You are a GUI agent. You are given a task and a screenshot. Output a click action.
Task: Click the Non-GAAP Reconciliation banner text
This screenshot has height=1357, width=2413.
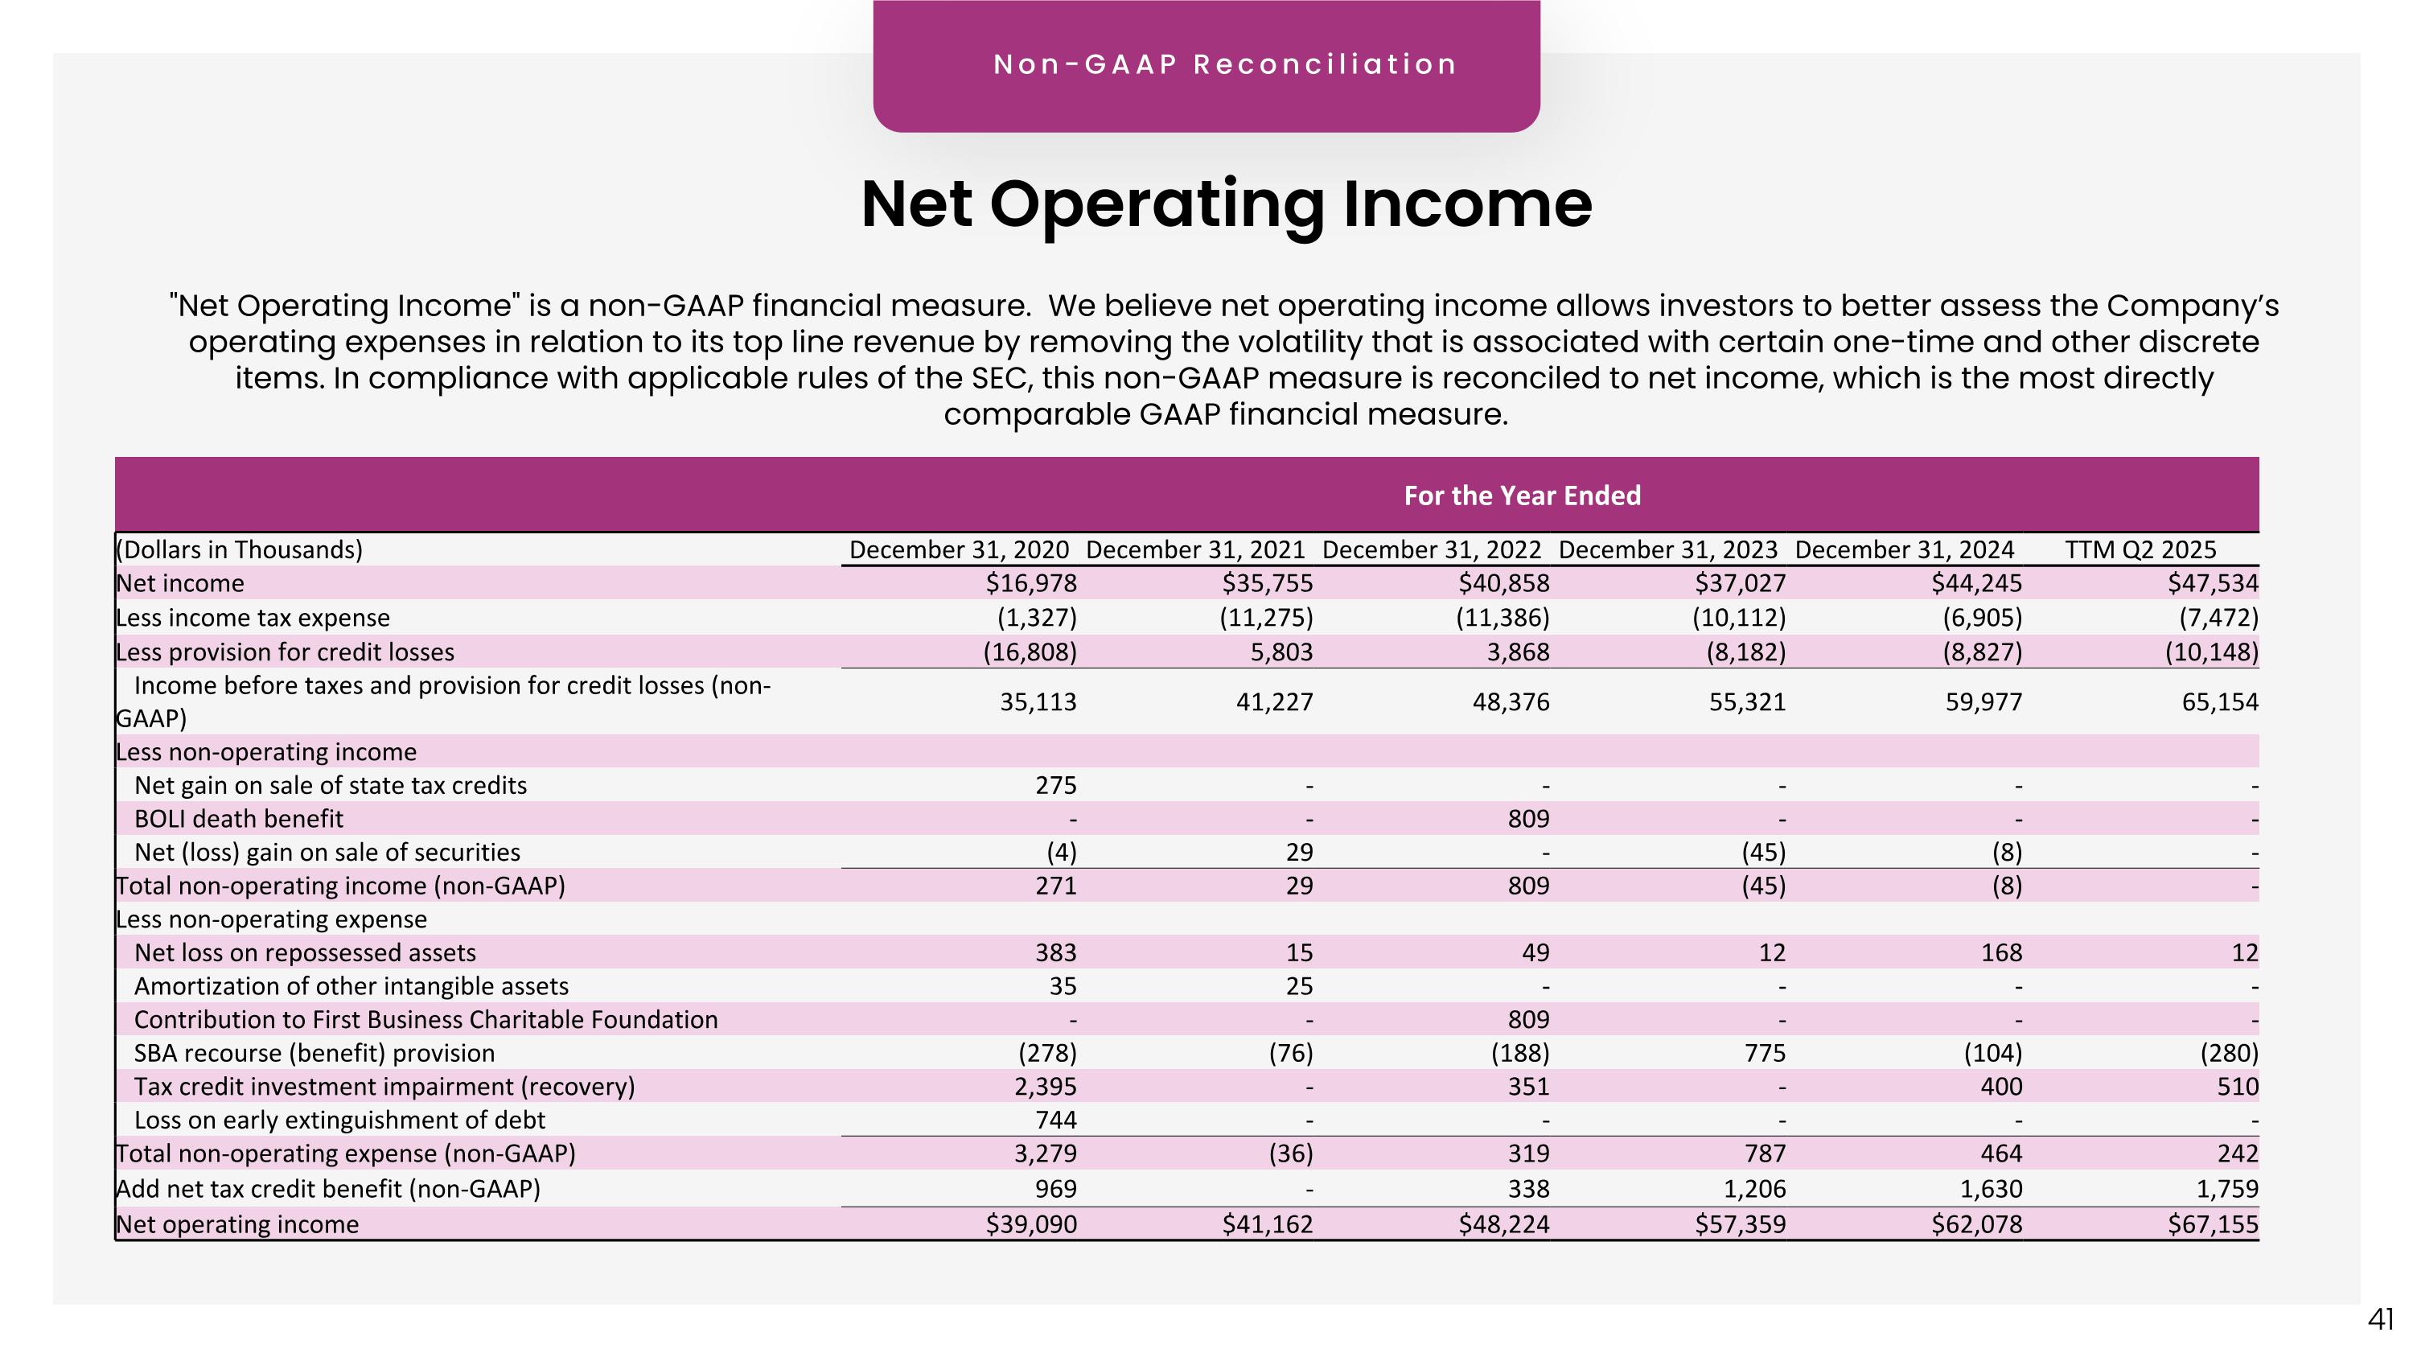coord(1224,64)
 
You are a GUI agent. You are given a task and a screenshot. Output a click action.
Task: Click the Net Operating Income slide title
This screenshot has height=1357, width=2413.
coord(1225,204)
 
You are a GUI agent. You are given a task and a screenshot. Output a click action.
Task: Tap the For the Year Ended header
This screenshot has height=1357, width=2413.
coord(1521,496)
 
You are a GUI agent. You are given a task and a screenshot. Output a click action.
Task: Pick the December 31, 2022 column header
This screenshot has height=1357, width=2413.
coord(1432,549)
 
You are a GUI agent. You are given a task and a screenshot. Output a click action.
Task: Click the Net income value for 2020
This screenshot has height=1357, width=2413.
coord(1030,583)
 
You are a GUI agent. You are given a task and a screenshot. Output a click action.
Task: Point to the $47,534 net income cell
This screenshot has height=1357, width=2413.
coord(2213,583)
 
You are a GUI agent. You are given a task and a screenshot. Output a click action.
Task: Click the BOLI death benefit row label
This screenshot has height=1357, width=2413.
coord(239,819)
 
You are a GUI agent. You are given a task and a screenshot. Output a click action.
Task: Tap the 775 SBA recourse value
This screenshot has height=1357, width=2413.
coord(1765,1053)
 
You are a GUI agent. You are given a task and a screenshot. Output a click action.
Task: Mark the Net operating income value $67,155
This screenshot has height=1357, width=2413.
coord(2213,1224)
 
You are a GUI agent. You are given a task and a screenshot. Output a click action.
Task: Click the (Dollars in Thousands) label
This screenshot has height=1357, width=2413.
coord(239,549)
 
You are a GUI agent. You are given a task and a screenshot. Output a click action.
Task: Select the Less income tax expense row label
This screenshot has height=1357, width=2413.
coord(253,618)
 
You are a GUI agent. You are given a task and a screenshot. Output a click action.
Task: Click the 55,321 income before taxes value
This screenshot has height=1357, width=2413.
coord(1747,701)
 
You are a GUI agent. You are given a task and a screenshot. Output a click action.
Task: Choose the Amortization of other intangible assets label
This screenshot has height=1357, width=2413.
coord(351,986)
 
